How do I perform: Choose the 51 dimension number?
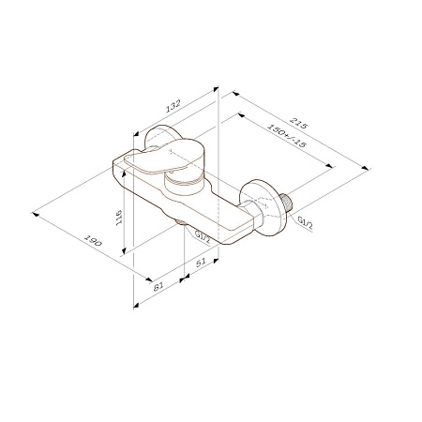click(x=202, y=265)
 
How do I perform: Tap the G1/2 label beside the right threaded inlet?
click(x=305, y=221)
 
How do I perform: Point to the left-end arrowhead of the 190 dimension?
click(x=34, y=209)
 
